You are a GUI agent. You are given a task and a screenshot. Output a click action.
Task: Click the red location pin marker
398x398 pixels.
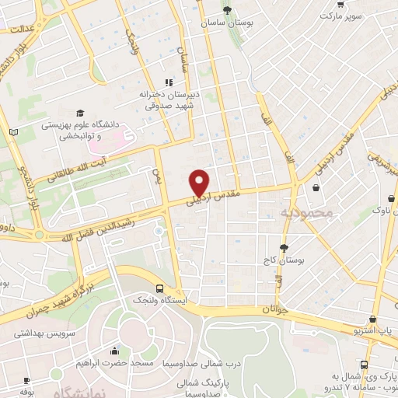tap(200, 183)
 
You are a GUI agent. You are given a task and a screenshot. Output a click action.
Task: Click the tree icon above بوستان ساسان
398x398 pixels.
tap(227, 10)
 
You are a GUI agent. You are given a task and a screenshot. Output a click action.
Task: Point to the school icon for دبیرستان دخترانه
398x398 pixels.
tap(167, 83)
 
